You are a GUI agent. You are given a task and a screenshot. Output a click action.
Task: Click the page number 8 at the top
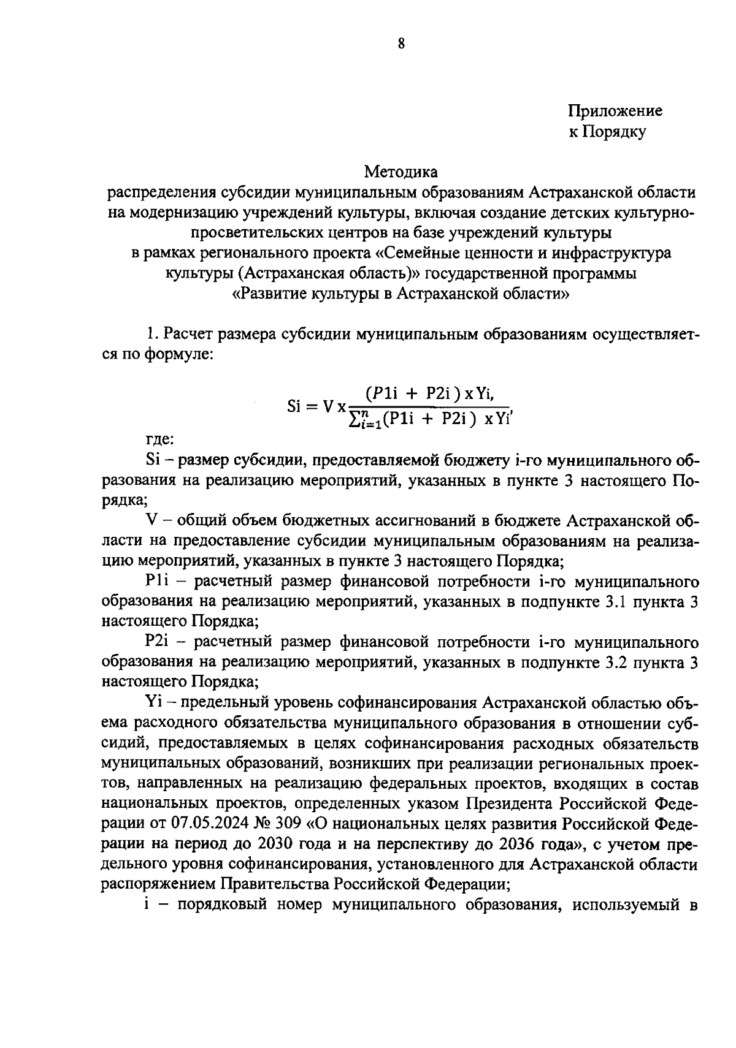[401, 44]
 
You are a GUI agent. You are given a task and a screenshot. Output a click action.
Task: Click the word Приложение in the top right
[615, 111]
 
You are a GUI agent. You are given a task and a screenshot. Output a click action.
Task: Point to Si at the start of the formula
[297, 406]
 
